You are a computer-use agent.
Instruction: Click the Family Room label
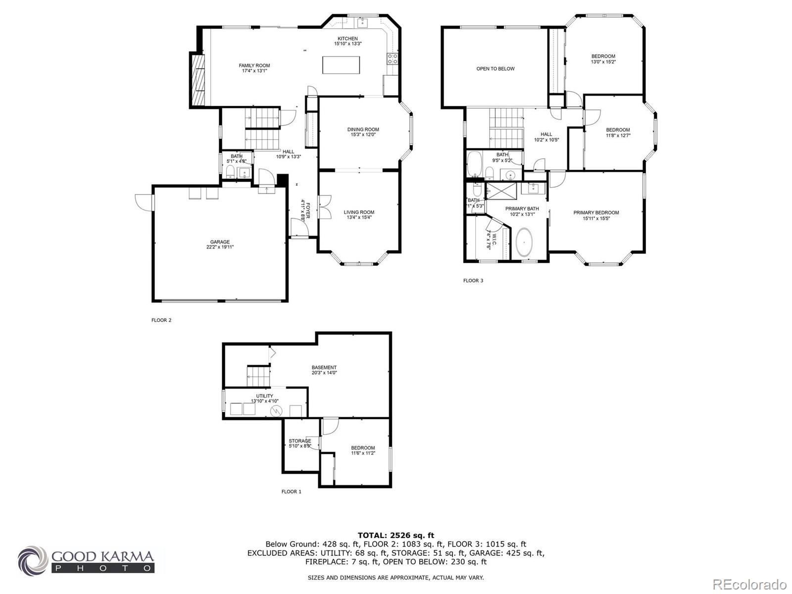point(254,65)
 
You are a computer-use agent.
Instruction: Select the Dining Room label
point(363,129)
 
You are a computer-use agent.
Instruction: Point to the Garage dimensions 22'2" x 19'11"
point(220,247)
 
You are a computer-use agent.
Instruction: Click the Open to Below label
point(495,69)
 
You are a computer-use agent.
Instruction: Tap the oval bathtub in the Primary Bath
point(524,244)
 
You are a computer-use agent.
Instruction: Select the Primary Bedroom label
point(596,212)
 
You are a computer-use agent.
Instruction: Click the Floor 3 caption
point(473,281)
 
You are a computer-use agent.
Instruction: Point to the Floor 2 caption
point(161,320)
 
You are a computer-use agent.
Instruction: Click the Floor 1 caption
point(291,492)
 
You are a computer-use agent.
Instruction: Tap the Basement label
point(324,367)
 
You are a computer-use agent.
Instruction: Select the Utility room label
point(264,396)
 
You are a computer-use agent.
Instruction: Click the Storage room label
point(299,441)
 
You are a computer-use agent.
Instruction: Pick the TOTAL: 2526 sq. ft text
point(396,535)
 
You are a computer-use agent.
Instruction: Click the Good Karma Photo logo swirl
point(33,560)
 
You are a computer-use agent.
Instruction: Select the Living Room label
point(359,212)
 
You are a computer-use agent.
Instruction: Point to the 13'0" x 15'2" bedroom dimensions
point(603,62)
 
